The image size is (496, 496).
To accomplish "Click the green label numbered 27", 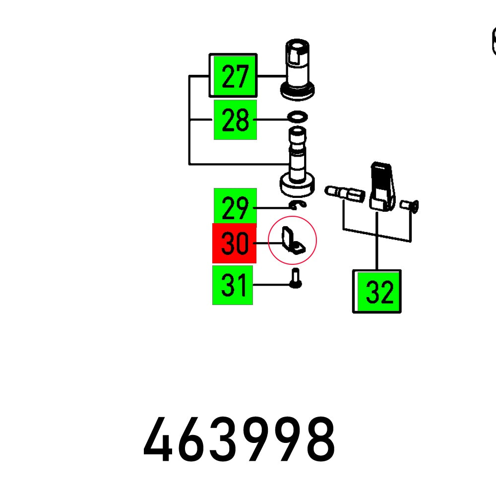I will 233,76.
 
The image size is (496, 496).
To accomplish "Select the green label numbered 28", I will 235,120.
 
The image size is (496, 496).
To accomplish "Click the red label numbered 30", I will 234,243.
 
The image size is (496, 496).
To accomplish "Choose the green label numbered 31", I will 233,285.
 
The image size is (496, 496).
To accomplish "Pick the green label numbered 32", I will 377,292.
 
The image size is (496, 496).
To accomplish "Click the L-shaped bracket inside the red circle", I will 291,240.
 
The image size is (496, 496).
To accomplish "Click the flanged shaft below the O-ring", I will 298,164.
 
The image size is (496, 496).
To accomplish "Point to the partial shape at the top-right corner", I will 493,41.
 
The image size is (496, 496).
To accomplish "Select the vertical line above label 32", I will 377,241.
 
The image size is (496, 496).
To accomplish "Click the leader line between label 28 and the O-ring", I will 272,120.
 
